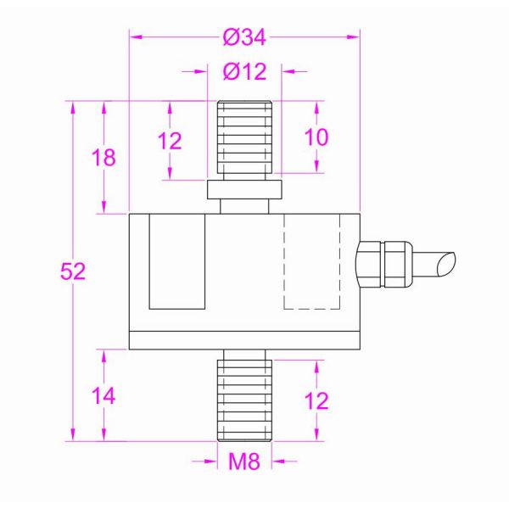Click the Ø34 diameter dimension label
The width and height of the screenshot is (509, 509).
coord(244,37)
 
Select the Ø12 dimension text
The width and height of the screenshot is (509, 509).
coord(244,71)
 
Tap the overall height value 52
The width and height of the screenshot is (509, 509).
coord(73,271)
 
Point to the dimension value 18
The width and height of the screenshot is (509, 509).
coord(103,158)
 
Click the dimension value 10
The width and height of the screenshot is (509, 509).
coord(316,137)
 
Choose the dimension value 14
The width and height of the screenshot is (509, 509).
coord(103,395)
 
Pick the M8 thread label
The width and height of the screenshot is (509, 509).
coord(244,461)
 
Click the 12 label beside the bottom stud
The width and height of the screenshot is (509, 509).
coord(316,400)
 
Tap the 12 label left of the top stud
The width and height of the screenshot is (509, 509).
coord(170,141)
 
